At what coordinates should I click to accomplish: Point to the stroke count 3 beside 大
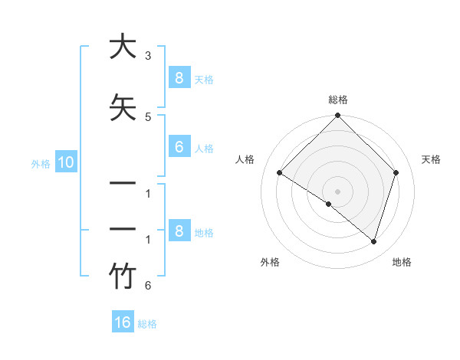[x=147, y=56]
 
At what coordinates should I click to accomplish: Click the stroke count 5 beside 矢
[x=147, y=116]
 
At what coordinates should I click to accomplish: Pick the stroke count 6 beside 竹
[x=147, y=286]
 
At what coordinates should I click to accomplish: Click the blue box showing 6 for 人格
[x=179, y=147]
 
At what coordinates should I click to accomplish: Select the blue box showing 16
[x=123, y=322]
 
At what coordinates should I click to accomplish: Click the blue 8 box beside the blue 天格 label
[x=179, y=77]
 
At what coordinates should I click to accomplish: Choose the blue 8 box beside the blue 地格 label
[x=179, y=231]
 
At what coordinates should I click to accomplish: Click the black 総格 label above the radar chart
[x=338, y=100]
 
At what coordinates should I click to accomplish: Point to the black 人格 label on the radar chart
[x=245, y=159]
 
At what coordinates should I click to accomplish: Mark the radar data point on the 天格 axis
[x=396, y=172]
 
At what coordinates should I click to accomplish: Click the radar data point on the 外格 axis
[x=329, y=204]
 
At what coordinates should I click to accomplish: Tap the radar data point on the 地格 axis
[x=373, y=241]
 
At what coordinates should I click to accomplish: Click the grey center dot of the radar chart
[x=338, y=191]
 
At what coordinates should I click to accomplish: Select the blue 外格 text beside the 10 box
[x=41, y=162]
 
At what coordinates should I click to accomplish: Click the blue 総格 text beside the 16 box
[x=147, y=323]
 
